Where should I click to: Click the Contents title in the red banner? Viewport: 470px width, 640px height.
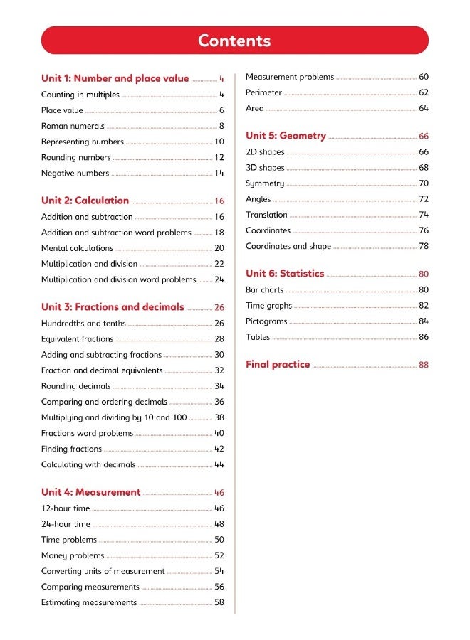(234, 41)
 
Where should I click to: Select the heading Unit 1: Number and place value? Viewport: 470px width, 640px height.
(115, 79)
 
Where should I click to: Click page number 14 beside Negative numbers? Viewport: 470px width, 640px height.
(219, 173)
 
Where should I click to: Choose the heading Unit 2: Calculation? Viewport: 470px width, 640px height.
(85, 201)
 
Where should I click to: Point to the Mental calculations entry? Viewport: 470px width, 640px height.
(77, 248)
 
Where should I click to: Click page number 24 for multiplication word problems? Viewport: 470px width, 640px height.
(219, 279)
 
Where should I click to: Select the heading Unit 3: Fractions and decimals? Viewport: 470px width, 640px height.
(113, 307)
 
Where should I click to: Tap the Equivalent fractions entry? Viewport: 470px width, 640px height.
(77, 339)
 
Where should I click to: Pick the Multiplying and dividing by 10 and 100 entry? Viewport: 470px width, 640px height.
(114, 417)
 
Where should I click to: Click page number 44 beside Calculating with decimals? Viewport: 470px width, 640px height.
(219, 464)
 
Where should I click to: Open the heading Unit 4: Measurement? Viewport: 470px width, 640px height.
(90, 492)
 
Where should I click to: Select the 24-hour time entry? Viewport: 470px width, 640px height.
(66, 524)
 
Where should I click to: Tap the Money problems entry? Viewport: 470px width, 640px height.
(73, 555)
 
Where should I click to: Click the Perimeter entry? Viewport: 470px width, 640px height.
(263, 92)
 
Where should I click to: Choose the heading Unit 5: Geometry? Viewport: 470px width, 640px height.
(286, 136)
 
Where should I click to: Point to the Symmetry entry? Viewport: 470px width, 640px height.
(265, 183)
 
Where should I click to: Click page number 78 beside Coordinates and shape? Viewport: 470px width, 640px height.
(424, 246)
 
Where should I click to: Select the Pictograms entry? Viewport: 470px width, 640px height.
(266, 321)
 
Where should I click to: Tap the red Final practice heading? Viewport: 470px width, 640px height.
(278, 365)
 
